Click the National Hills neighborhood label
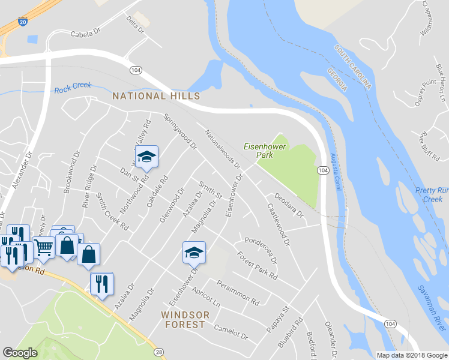(x=155, y=96)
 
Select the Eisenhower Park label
(x=265, y=151)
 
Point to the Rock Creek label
(x=73, y=88)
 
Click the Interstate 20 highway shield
(x=23, y=22)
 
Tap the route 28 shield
(x=158, y=352)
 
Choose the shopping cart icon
(x=43, y=247)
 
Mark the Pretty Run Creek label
(x=432, y=194)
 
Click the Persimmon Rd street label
(x=238, y=292)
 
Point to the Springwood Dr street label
(x=180, y=132)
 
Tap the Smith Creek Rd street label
(x=113, y=212)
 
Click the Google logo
(x=20, y=353)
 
